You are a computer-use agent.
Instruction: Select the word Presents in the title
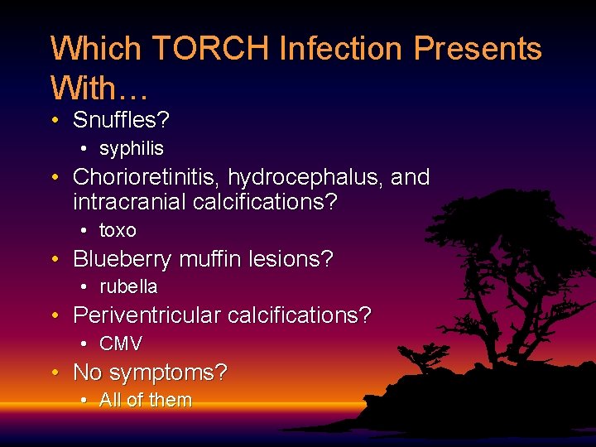pos(478,49)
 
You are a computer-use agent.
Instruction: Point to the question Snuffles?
pos(121,120)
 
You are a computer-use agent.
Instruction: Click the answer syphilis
pos(132,149)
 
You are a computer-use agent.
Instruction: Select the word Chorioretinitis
pos(147,177)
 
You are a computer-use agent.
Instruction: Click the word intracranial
pos(129,201)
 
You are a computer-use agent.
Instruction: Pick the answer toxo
pos(118,230)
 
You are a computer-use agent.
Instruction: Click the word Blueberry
pos(122,259)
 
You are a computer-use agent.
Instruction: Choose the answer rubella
pos(128,287)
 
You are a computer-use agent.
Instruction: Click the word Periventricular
pos(147,315)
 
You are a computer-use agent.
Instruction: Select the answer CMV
pos(121,344)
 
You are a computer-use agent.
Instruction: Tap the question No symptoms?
pos(150,372)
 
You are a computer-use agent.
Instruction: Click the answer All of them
pos(146,401)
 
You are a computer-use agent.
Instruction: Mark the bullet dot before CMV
pos(85,344)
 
